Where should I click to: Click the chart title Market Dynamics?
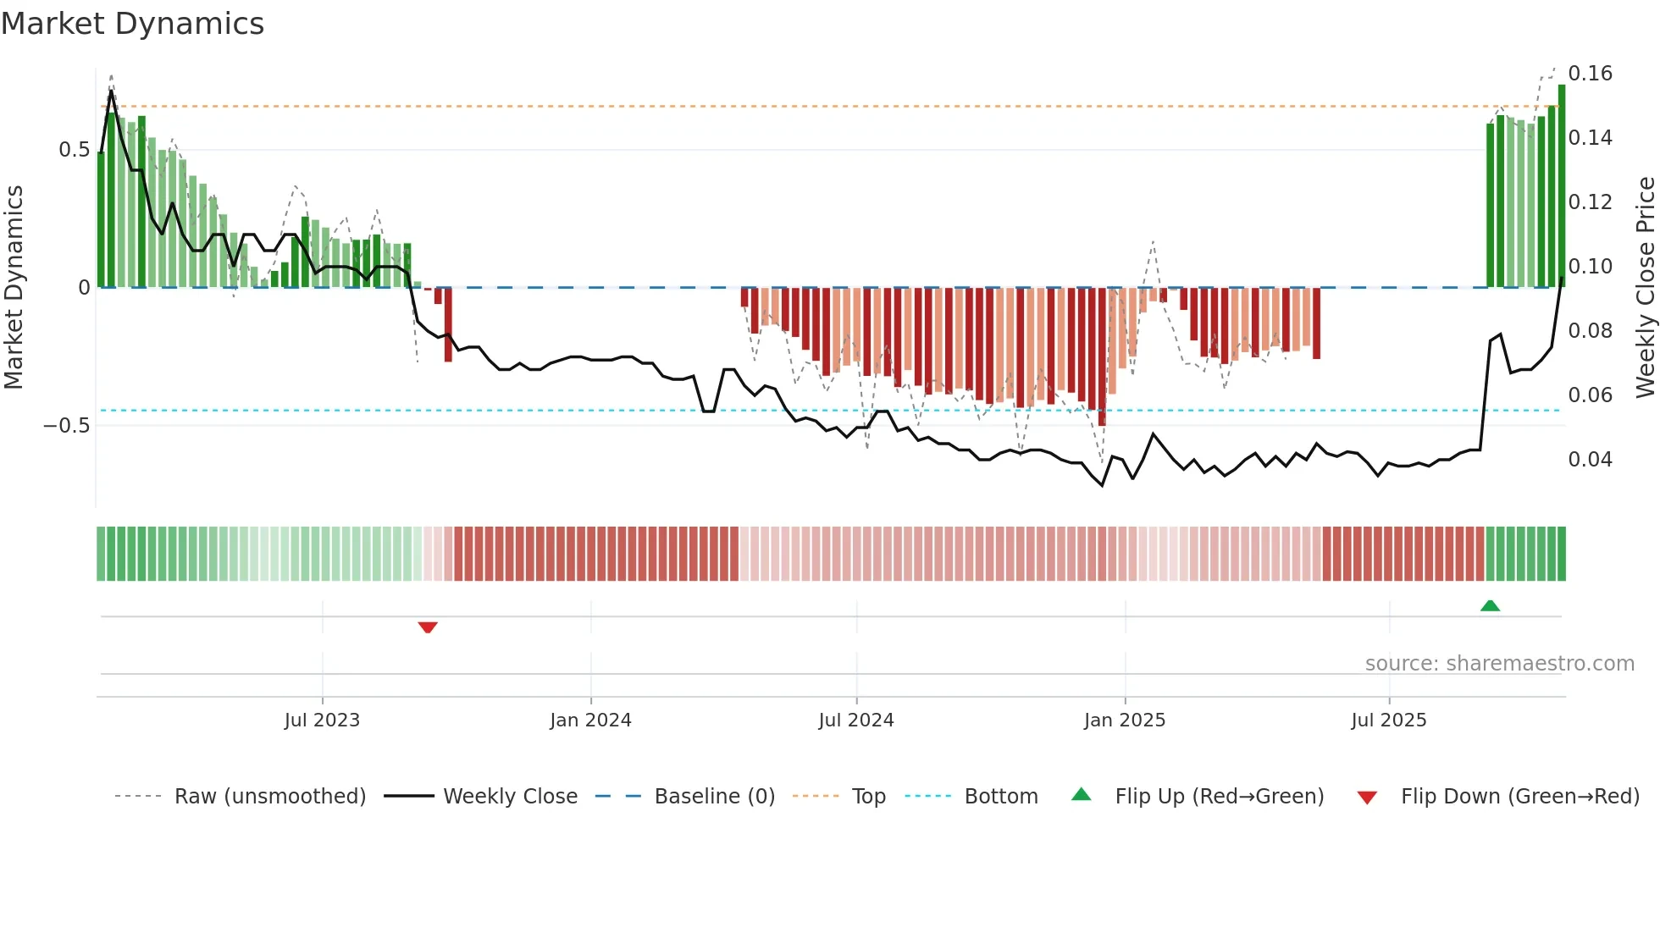[132, 24]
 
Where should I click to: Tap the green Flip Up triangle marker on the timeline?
[1490, 605]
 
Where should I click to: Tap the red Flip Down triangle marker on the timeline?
[428, 627]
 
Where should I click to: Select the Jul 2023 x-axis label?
[322, 720]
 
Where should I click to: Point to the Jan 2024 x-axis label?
[590, 720]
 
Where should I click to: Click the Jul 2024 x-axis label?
[856, 720]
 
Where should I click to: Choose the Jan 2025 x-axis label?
[1125, 720]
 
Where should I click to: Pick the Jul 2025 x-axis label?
[1389, 720]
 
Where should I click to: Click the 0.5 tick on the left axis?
[74, 150]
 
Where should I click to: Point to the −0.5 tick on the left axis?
[66, 425]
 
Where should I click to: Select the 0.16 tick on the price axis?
[1591, 74]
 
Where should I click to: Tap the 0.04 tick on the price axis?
[1591, 460]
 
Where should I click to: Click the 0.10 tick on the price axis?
[1591, 267]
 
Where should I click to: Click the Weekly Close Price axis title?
[1645, 287]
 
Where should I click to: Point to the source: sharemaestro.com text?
[1499, 664]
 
